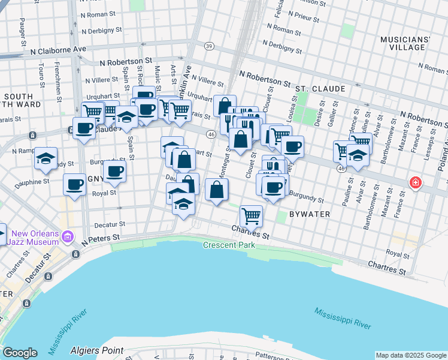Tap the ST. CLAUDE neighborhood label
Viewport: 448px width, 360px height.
320,89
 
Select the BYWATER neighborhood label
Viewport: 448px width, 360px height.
308,214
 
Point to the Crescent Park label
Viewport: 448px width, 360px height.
229,245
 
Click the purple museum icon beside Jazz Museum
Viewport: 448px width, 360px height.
68,237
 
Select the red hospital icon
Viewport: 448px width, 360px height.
414,182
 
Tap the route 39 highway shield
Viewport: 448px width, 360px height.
208,46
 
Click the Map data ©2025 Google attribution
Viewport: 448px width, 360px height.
410,355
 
